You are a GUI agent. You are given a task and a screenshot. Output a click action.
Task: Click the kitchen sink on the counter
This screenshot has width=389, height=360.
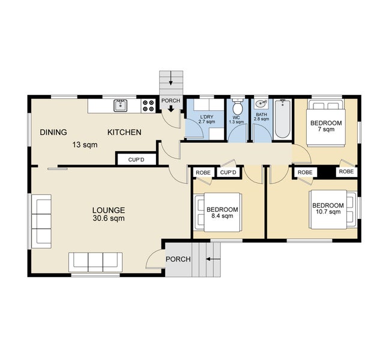[x=120, y=106]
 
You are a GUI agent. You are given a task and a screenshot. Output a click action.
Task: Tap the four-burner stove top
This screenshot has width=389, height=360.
[x=148, y=106]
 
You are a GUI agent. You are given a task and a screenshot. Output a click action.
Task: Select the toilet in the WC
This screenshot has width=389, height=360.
[x=238, y=107]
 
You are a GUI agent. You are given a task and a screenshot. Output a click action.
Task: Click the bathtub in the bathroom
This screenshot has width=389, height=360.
[x=282, y=119]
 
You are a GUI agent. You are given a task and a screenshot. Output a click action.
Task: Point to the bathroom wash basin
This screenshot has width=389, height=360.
[x=261, y=104]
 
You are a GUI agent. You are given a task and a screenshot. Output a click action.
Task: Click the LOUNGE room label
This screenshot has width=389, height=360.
[x=109, y=210]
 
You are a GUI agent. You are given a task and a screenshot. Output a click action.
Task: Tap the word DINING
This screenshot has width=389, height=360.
[x=53, y=132]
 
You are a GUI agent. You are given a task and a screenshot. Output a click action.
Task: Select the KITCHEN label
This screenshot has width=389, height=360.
[x=124, y=132]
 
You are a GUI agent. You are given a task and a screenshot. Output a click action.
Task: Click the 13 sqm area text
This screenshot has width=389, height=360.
[x=85, y=145]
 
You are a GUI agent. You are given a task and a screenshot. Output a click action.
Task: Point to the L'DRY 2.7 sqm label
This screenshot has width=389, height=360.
[x=207, y=119]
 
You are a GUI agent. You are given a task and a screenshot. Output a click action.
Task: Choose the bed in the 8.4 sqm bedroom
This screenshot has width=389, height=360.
[x=218, y=212]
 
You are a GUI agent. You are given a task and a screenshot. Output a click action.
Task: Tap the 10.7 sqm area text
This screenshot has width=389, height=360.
[x=328, y=212]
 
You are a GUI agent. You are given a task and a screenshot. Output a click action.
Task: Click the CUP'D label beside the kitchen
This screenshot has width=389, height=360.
[x=136, y=160]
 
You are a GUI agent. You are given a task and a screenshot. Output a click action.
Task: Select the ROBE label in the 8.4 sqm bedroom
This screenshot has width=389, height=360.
[x=203, y=173]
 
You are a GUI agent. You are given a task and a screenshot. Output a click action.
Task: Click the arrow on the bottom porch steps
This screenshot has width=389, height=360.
[x=213, y=259]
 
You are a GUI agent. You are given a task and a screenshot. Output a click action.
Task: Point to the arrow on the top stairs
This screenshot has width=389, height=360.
[x=171, y=80]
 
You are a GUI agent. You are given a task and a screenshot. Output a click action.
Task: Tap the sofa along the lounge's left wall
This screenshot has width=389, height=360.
[x=41, y=221]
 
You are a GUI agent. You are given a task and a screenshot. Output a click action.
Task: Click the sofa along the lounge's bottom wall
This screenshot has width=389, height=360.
[x=95, y=262]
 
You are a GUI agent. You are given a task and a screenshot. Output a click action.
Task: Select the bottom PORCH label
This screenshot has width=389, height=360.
[x=178, y=259]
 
